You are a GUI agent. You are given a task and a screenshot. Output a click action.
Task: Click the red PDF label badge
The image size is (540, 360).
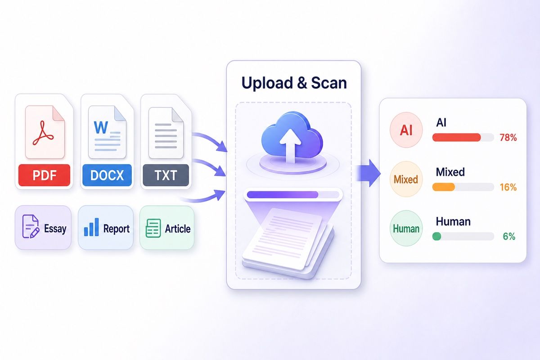point(45,175)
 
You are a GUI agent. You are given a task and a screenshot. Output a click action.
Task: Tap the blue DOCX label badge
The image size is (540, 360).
point(107,175)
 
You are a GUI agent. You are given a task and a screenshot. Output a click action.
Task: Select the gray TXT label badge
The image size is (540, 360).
point(166,175)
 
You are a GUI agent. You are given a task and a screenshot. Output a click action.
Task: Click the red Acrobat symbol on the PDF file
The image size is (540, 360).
point(43,133)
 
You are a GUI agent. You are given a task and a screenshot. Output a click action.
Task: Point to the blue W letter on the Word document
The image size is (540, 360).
point(101,127)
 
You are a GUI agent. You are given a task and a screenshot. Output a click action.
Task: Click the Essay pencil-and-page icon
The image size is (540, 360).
point(31,227)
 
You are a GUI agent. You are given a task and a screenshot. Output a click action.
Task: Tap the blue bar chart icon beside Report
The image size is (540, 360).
point(91,227)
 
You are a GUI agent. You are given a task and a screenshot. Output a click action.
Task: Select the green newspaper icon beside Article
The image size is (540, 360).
point(153,228)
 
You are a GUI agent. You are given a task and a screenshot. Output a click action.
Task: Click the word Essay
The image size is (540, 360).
point(55,229)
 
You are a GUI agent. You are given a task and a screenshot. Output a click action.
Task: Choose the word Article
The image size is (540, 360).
point(178,229)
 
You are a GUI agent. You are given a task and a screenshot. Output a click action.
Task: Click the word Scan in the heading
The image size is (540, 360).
point(329,83)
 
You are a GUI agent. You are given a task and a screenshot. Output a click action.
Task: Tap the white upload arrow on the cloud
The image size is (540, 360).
point(290,145)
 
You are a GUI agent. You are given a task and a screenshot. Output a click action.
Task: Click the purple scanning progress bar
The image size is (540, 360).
point(283,194)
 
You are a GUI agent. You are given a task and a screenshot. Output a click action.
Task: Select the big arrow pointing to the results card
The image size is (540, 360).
point(369,173)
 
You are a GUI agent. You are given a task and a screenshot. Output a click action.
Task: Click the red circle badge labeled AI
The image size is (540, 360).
point(406,130)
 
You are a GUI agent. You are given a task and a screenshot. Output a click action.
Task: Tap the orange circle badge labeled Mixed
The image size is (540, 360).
point(406,179)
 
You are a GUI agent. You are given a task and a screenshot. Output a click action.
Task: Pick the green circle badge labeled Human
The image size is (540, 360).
point(406,228)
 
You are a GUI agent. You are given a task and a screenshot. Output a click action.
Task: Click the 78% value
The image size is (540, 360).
point(508,137)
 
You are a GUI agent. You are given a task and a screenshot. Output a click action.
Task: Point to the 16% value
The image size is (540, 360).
point(508,187)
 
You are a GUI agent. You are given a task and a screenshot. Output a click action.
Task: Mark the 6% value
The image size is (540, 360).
point(509,236)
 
